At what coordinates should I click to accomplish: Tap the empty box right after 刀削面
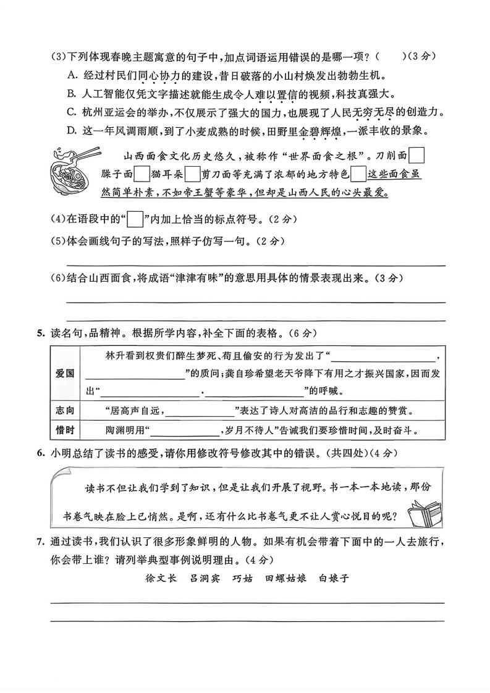417,154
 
